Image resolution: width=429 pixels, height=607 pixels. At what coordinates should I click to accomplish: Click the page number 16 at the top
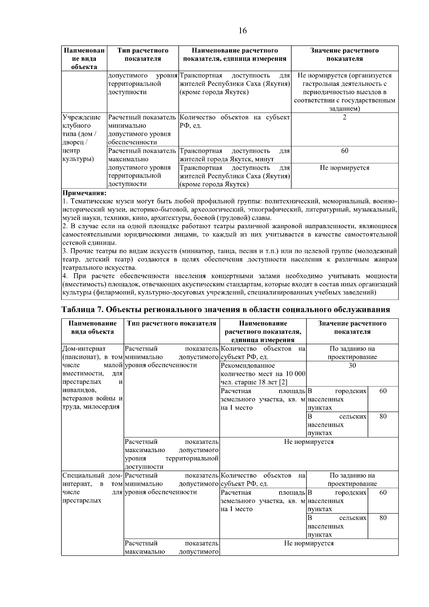(242, 31)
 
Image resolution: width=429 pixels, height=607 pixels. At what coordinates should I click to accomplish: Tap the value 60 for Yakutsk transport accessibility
(344, 151)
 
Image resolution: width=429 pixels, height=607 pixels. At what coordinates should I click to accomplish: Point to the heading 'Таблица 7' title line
(226, 309)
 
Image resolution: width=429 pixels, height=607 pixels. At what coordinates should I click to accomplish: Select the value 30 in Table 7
(352, 366)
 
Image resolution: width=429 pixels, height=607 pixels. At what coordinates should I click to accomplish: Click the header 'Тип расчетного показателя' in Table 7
(172, 324)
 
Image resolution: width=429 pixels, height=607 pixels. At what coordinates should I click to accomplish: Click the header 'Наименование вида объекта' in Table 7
(92, 328)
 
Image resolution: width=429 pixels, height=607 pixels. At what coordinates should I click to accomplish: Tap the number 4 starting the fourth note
(64, 276)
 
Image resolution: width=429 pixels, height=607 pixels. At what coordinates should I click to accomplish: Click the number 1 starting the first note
(64, 202)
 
